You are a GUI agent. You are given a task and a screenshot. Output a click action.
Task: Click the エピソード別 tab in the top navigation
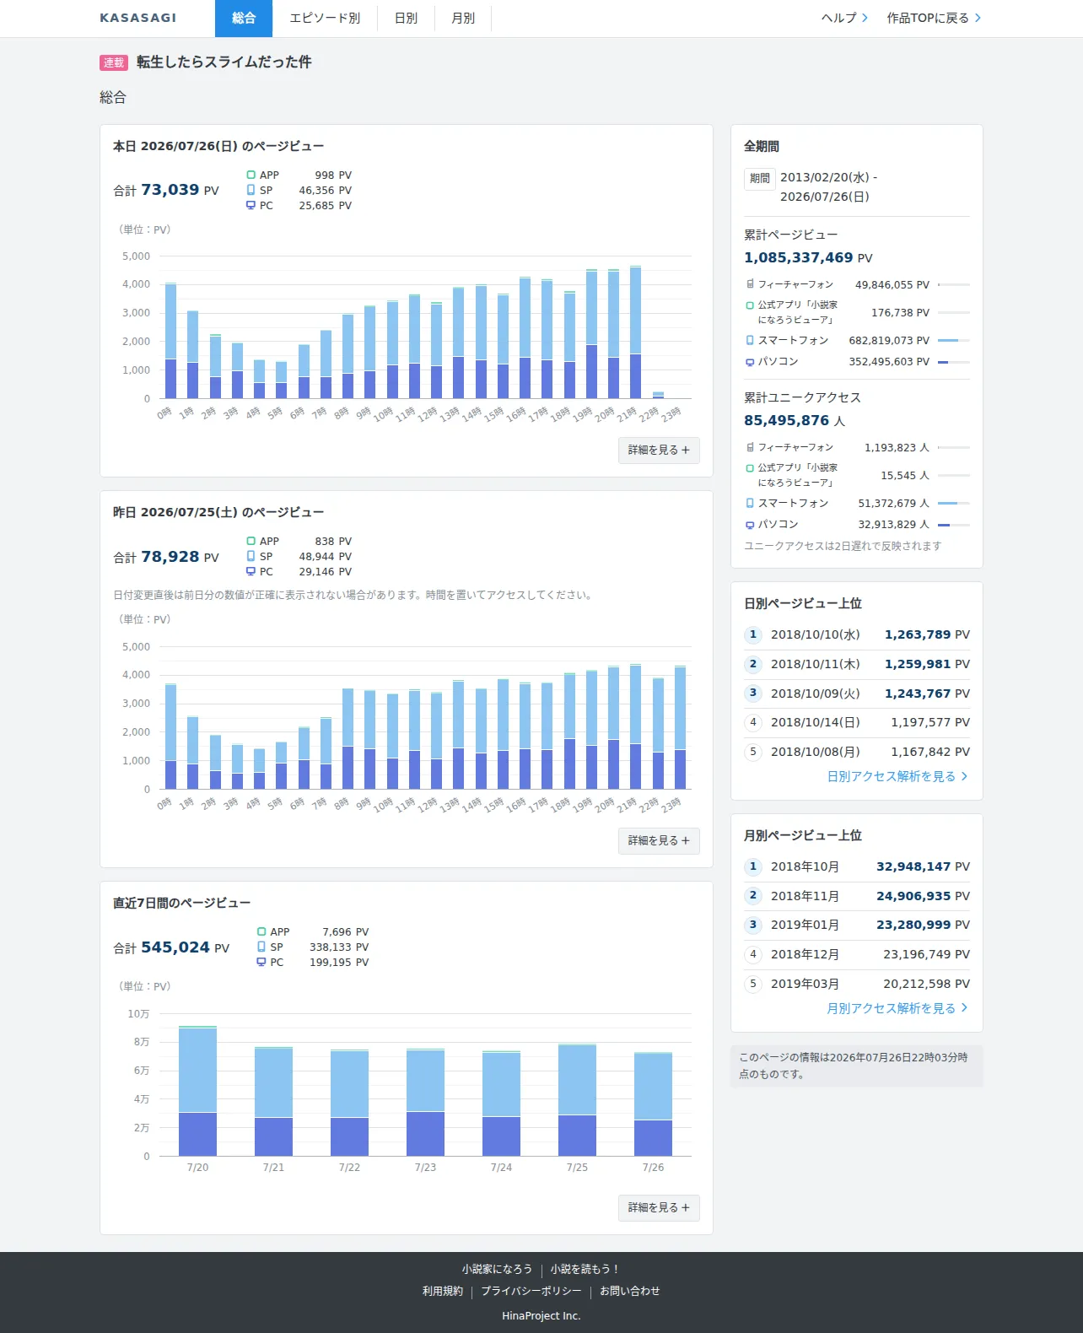pos(325,19)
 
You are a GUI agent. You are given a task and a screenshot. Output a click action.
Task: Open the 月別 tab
pos(463,19)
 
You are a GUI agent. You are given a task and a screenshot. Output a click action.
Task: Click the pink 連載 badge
pos(114,62)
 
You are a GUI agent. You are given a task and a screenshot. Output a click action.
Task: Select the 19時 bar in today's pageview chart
pos(591,333)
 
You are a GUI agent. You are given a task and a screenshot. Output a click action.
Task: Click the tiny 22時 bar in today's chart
pos(658,395)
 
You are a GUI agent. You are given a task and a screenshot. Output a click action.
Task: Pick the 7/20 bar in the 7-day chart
pos(197,1091)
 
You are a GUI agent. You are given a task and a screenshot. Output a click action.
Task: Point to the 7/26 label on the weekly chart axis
pos(653,1167)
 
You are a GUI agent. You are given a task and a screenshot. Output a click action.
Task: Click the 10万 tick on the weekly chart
pos(138,1013)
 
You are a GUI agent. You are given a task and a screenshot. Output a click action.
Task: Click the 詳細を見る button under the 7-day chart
pos(659,1207)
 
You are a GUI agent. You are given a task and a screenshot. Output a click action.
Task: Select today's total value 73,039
pos(170,190)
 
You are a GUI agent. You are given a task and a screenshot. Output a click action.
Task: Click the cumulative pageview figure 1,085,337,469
pos(798,257)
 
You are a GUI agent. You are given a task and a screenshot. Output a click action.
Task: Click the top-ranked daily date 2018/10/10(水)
pos(816,634)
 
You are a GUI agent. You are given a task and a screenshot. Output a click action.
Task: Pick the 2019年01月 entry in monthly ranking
pos(805,925)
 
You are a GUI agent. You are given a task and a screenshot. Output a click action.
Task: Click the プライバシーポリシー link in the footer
pos(531,1291)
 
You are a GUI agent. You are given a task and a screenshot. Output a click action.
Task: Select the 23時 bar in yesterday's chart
pos(680,727)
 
